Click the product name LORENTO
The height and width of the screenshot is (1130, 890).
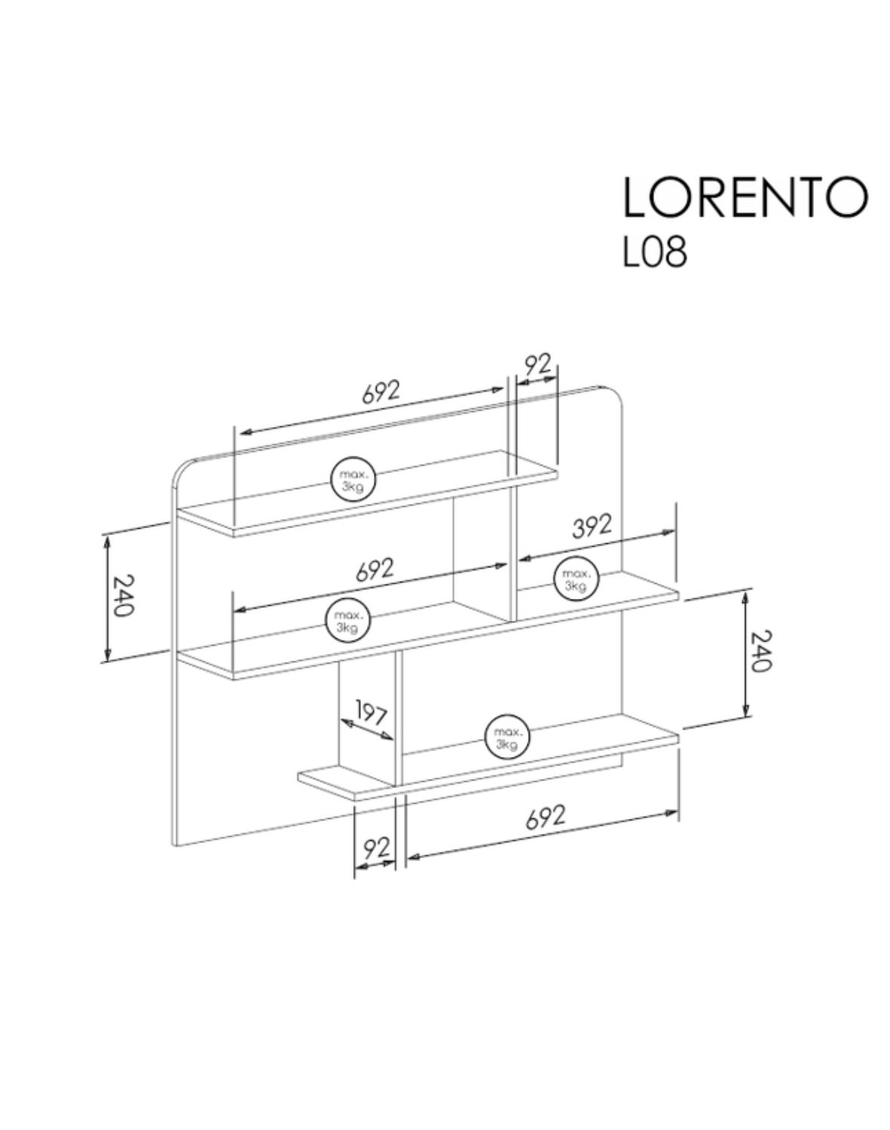745,197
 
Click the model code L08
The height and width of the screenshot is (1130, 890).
654,253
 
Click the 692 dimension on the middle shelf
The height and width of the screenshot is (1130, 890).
375,570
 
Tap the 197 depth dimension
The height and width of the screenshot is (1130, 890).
370,716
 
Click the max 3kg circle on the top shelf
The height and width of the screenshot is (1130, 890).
353,478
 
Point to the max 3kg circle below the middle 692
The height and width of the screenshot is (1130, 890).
347,621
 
